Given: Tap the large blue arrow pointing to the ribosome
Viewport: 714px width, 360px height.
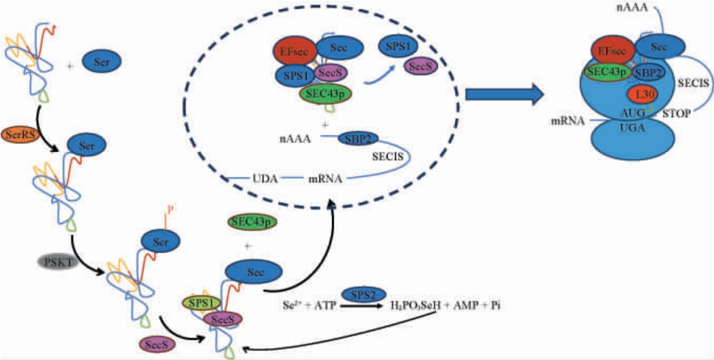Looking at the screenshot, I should (x=505, y=95).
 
